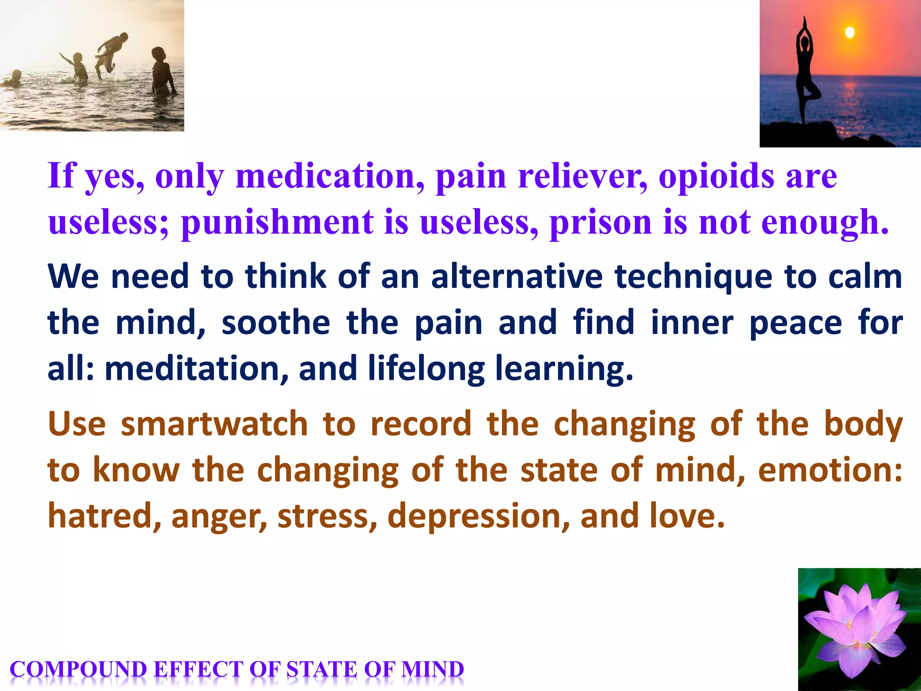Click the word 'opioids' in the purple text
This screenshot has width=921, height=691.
tap(716, 176)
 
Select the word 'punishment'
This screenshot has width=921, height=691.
tap(277, 222)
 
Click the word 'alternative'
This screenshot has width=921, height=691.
tap(517, 276)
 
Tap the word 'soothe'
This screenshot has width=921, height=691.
tap(276, 323)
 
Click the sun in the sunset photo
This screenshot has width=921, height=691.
tap(849, 32)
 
